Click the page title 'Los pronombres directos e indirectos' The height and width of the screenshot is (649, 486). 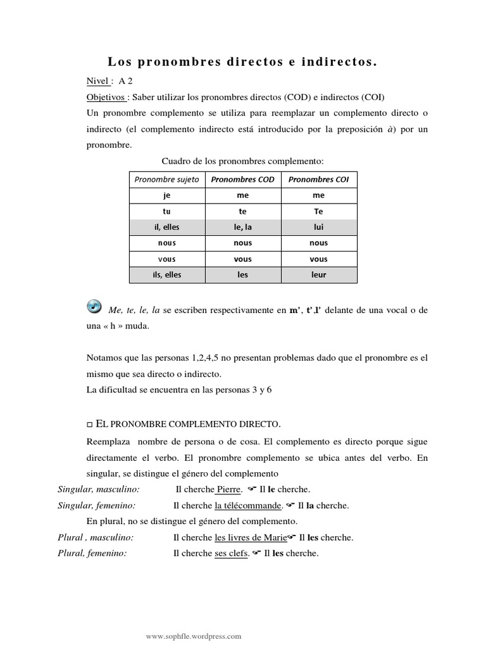(242, 61)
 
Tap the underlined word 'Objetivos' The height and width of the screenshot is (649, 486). (106, 97)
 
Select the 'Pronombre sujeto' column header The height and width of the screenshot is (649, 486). (166, 179)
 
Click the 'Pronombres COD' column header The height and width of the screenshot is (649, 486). (242, 179)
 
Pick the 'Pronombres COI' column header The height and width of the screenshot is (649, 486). (318, 179)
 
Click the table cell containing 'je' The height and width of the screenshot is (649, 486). (166, 196)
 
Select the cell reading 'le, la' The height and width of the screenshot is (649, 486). (242, 228)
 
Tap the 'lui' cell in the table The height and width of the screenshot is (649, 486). (318, 228)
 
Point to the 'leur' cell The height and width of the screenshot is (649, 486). (318, 274)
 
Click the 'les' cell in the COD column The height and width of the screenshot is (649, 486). (242, 274)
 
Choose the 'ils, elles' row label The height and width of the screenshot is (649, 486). (166, 274)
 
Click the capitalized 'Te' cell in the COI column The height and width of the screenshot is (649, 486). (318, 212)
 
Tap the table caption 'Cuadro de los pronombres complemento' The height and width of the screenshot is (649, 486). (242, 161)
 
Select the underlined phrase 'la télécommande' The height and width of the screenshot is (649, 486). (248, 505)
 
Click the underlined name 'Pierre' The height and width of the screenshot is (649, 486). (229, 489)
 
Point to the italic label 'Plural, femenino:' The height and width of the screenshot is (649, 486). (92, 553)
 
